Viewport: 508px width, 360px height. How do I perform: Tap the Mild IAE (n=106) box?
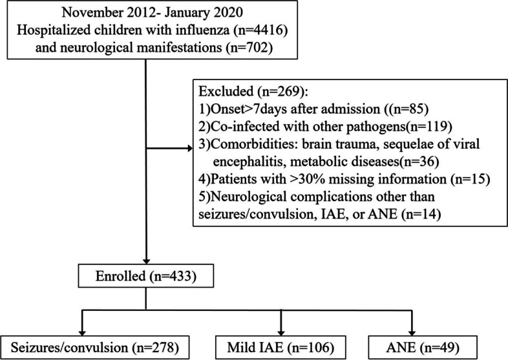point(280,343)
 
